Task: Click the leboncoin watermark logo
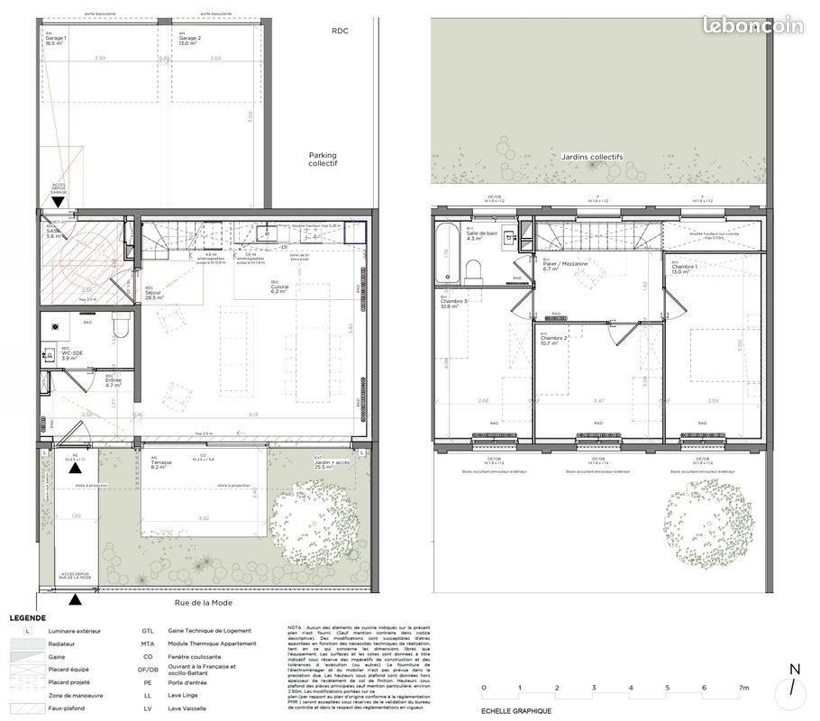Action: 752,27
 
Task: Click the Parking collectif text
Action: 323,160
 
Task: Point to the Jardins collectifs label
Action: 592,157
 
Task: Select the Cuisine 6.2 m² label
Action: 279,288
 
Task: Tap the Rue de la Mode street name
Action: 205,604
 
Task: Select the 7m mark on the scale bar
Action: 743,688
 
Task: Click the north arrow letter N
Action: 793,669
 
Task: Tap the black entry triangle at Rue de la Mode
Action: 76,598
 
